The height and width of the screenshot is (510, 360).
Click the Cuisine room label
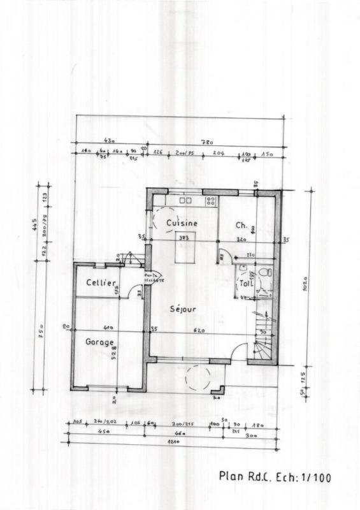[182, 224]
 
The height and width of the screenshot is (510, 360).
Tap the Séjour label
[183, 309]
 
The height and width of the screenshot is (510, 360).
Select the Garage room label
[99, 341]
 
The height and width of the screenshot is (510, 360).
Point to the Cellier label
[101, 282]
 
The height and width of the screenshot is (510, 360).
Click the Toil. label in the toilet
[246, 284]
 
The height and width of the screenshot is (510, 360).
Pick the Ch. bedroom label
[241, 225]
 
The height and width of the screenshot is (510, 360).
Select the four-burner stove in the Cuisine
[210, 201]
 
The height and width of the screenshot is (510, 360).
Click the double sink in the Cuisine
[185, 200]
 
